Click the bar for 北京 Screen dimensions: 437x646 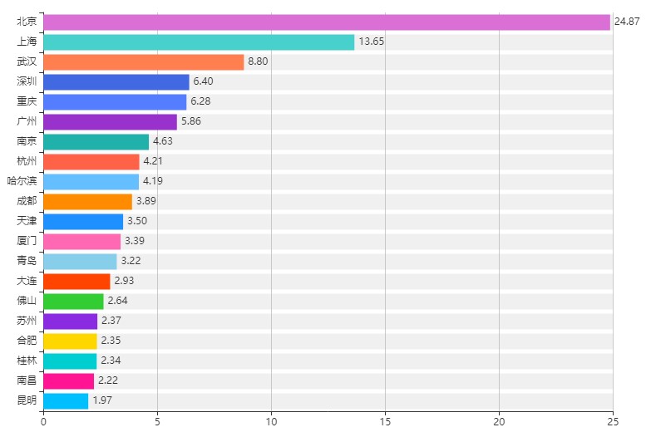[x=327, y=22]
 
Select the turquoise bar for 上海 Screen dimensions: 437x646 [x=199, y=42]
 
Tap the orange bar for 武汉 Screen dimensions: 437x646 [x=143, y=62]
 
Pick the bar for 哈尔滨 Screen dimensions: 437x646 [x=91, y=182]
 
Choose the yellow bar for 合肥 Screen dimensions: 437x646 [x=70, y=341]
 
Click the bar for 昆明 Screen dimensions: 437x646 [x=66, y=401]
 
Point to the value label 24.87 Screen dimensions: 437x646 [x=627, y=22]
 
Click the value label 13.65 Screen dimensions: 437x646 [x=371, y=42]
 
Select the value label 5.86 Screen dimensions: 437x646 [x=191, y=122]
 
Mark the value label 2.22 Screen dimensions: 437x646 [x=108, y=381]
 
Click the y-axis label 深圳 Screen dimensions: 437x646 [x=27, y=82]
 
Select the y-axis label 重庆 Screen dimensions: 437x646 [x=27, y=102]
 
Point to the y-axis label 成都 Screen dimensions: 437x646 [x=27, y=202]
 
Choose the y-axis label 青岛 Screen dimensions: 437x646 [x=27, y=262]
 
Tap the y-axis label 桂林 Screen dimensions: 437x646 [x=27, y=361]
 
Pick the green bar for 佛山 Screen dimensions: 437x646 [x=73, y=302]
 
